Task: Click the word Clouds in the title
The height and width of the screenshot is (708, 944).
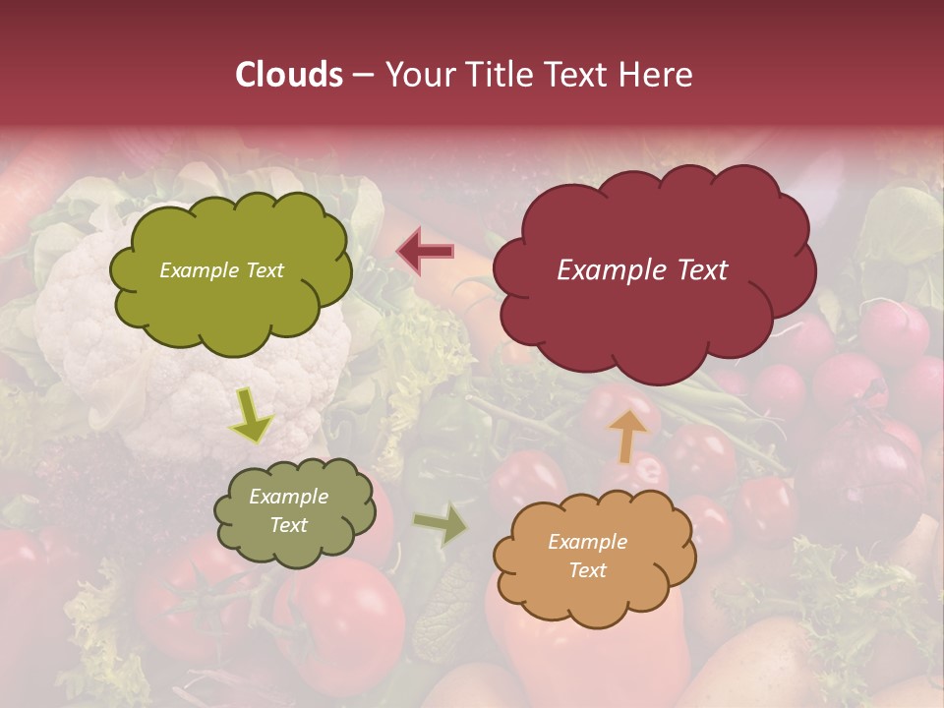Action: (x=289, y=75)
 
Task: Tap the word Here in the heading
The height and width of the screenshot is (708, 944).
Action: (x=656, y=75)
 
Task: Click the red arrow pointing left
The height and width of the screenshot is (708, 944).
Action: (x=425, y=252)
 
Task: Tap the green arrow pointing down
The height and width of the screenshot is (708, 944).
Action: (x=252, y=416)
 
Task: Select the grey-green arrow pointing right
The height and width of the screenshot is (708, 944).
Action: (x=441, y=525)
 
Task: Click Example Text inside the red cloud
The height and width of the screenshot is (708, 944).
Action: (x=642, y=270)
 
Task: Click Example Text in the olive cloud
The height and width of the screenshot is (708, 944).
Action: (x=221, y=270)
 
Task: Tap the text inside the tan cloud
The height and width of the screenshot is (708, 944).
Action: (x=587, y=556)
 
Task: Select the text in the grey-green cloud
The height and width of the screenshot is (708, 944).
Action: (x=289, y=511)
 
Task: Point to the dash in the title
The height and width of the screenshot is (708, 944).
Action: (x=363, y=76)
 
